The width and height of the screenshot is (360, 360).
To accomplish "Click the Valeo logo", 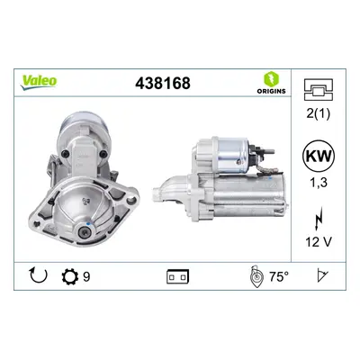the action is click(39, 82).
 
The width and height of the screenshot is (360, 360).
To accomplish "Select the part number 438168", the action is click(163, 83).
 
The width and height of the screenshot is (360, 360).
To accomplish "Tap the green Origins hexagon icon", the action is click(271, 79).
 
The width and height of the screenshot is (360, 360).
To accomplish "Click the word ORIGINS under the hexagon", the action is click(271, 91).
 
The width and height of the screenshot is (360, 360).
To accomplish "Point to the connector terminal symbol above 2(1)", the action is click(319, 89).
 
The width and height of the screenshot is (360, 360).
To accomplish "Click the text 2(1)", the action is click(319, 113).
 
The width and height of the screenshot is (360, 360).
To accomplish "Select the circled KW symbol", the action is click(319, 156).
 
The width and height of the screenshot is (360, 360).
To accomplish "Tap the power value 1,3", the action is click(318, 183).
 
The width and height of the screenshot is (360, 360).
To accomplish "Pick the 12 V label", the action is click(319, 241).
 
